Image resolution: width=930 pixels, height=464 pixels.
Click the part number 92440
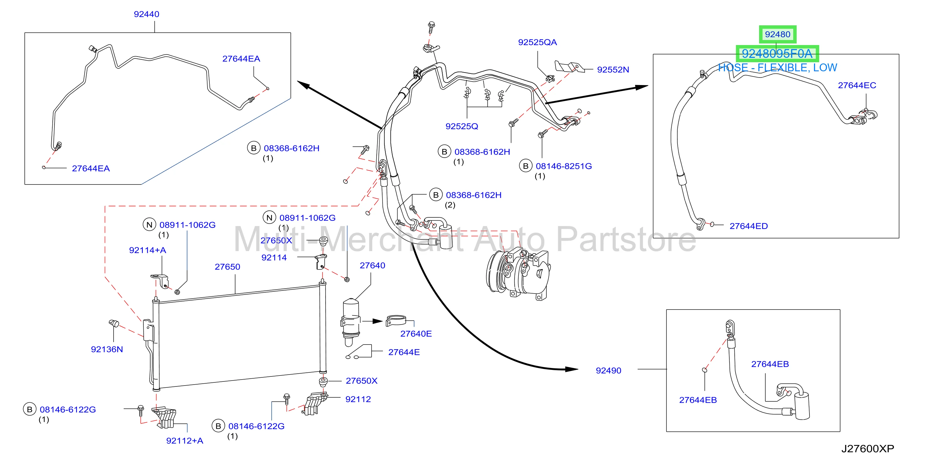click(146, 14)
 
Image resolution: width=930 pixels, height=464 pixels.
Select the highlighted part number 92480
click(777, 34)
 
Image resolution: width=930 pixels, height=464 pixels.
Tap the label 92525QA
click(537, 42)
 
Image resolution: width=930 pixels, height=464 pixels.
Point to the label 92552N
click(613, 70)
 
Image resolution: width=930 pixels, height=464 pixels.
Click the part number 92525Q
click(461, 126)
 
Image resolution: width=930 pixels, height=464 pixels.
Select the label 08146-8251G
click(563, 166)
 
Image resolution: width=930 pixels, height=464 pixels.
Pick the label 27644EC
click(857, 85)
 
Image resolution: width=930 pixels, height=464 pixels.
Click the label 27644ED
click(748, 226)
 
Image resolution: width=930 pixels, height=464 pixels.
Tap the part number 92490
click(608, 371)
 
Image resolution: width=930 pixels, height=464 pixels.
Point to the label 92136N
click(107, 349)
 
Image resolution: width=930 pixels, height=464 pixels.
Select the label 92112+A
click(184, 441)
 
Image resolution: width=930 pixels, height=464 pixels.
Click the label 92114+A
click(147, 250)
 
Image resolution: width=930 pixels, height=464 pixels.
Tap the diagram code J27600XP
click(867, 449)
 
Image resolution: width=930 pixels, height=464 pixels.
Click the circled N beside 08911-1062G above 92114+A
click(149, 224)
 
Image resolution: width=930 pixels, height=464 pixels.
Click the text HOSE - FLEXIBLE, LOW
click(777, 68)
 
